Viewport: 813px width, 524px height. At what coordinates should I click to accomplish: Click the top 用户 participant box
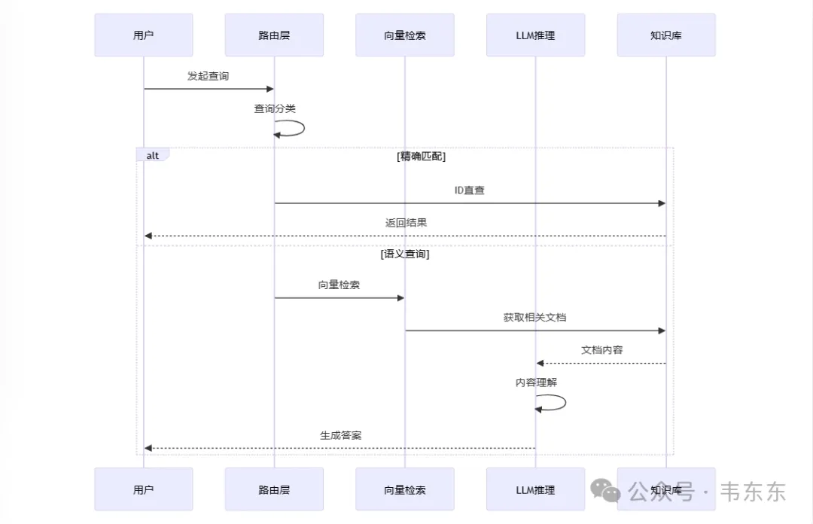(x=143, y=35)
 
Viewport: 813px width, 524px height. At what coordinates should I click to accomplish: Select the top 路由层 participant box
(x=274, y=35)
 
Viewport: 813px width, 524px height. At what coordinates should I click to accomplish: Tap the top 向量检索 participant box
(x=405, y=35)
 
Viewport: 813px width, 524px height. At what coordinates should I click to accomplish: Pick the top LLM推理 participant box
(x=535, y=35)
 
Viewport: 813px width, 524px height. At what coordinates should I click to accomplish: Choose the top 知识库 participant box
(x=666, y=35)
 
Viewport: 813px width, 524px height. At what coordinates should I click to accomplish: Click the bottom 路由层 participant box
(x=274, y=489)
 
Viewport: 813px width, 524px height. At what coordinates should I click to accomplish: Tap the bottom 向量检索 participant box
(x=405, y=489)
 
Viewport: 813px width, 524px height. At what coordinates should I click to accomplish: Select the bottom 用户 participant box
(x=143, y=489)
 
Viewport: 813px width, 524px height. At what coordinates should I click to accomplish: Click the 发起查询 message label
(x=208, y=76)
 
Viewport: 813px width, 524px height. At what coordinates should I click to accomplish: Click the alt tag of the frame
(x=153, y=155)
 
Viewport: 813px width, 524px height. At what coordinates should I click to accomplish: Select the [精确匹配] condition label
(x=421, y=157)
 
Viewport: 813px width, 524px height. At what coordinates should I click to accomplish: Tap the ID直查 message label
(x=469, y=190)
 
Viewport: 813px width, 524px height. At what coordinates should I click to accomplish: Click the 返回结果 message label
(x=406, y=223)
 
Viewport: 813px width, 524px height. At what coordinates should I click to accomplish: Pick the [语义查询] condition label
(x=405, y=254)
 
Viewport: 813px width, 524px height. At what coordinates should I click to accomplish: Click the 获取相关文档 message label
(x=534, y=318)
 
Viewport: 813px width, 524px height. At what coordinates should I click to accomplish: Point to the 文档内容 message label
(x=601, y=350)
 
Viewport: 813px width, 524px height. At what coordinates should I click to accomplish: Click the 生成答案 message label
(x=340, y=435)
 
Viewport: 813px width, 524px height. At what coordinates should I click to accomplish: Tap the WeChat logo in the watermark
(x=606, y=491)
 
